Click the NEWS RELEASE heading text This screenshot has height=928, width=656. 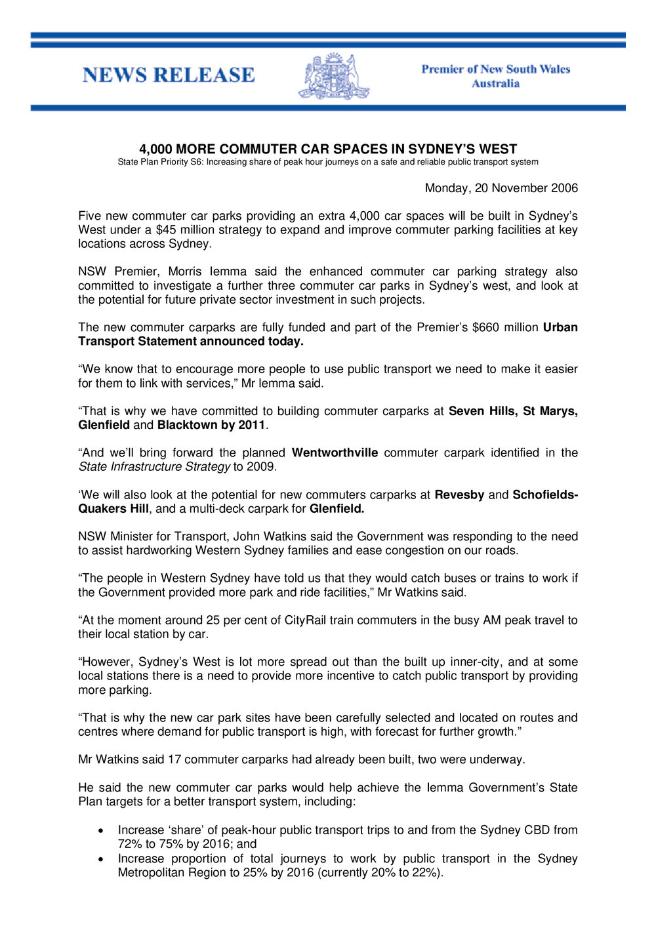click(169, 75)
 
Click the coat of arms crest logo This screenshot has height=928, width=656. click(334, 76)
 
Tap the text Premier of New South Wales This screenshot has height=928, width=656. click(495, 70)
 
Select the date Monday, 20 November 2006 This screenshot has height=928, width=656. click(501, 188)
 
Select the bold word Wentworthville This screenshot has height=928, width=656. click(335, 453)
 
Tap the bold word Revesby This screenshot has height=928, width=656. click(459, 494)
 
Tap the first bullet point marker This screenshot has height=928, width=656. click(100, 830)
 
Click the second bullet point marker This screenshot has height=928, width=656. click(100, 859)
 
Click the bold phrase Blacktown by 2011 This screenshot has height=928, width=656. click(211, 425)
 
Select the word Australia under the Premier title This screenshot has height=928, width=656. click(495, 84)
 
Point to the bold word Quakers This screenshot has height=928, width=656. click(102, 508)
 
